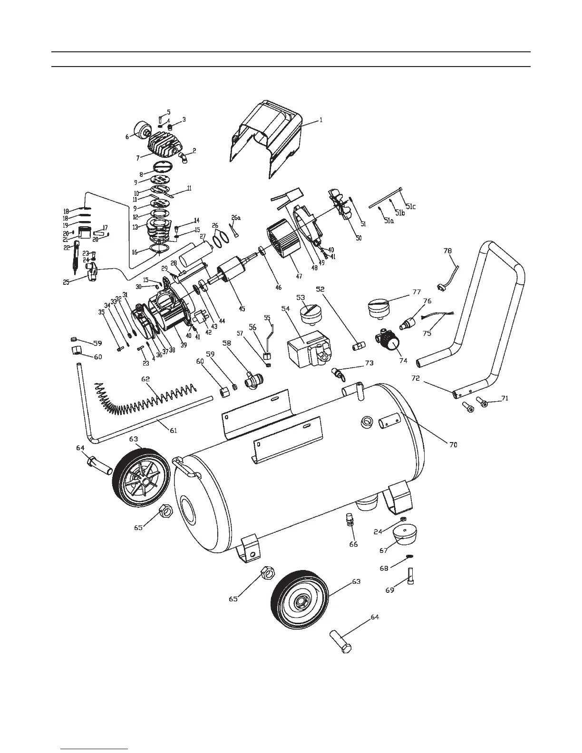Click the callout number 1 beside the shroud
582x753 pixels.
(x=321, y=121)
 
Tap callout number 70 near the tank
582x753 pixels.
(x=453, y=445)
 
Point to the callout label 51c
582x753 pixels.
(x=410, y=207)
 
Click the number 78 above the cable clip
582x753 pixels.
(x=447, y=251)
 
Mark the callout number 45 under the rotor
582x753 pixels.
(x=242, y=309)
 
